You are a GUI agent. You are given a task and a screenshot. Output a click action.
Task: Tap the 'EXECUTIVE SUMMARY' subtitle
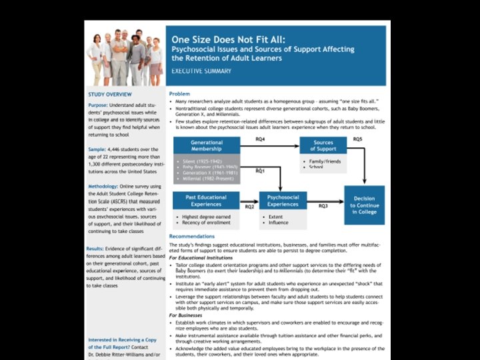pyautogui.click(x=201, y=71)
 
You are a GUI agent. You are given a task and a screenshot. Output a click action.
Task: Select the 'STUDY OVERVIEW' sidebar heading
pyautogui.click(x=110, y=95)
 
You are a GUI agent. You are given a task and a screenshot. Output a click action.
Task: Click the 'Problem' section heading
pyautogui.click(x=179, y=94)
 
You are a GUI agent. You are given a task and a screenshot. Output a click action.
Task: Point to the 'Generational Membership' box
pyautogui.click(x=207, y=146)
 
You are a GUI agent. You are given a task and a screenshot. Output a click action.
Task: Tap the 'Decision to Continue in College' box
pyautogui.click(x=364, y=205)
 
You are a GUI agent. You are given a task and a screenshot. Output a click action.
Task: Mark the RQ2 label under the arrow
pyautogui.click(x=250, y=207)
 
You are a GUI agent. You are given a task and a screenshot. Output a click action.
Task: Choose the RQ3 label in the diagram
pyautogui.click(x=323, y=207)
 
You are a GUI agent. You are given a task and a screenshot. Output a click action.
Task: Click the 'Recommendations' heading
pyautogui.click(x=192, y=237)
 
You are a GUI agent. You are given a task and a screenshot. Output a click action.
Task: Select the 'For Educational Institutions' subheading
pyautogui.click(x=201, y=257)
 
